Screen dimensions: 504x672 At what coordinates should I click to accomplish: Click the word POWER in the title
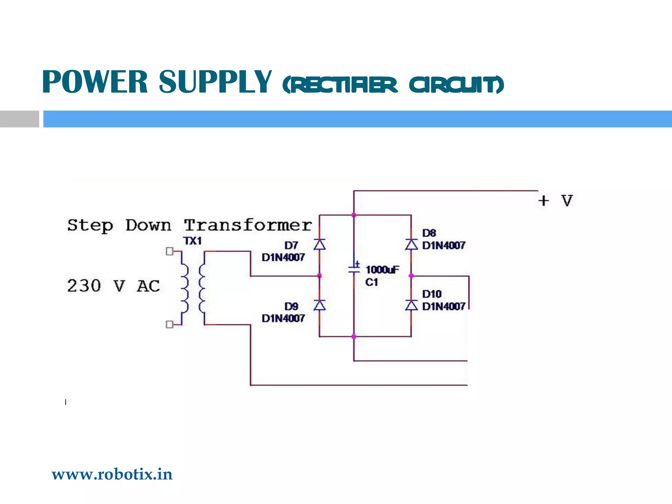[x=95, y=82]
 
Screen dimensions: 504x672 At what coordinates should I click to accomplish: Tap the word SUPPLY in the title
[x=215, y=82]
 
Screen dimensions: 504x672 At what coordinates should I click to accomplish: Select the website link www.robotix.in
[x=112, y=474]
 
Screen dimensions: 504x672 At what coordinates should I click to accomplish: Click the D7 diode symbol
[x=320, y=245]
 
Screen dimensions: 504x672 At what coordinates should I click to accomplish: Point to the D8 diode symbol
[x=411, y=245]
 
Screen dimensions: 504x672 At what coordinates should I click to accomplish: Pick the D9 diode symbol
[x=320, y=305]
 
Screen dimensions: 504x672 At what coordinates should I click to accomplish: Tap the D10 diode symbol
[x=411, y=305]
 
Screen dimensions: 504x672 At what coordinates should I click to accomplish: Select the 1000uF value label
[x=382, y=270]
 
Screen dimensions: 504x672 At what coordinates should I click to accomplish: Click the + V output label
[x=556, y=200]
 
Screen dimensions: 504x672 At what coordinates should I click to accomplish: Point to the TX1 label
[x=193, y=241]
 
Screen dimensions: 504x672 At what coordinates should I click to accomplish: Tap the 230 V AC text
[x=113, y=286]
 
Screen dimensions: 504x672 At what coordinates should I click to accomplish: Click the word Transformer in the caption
[x=248, y=225]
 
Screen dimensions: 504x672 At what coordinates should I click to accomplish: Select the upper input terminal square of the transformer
[x=169, y=251]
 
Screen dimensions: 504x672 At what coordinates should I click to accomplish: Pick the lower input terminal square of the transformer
[x=169, y=325]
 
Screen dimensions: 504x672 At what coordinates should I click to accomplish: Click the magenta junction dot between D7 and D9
[x=320, y=276]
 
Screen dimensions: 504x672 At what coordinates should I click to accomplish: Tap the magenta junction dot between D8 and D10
[x=411, y=276]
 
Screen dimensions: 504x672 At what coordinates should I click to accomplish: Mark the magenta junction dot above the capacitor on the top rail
[x=354, y=215]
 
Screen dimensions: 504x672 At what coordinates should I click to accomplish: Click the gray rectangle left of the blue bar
[x=19, y=119]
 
